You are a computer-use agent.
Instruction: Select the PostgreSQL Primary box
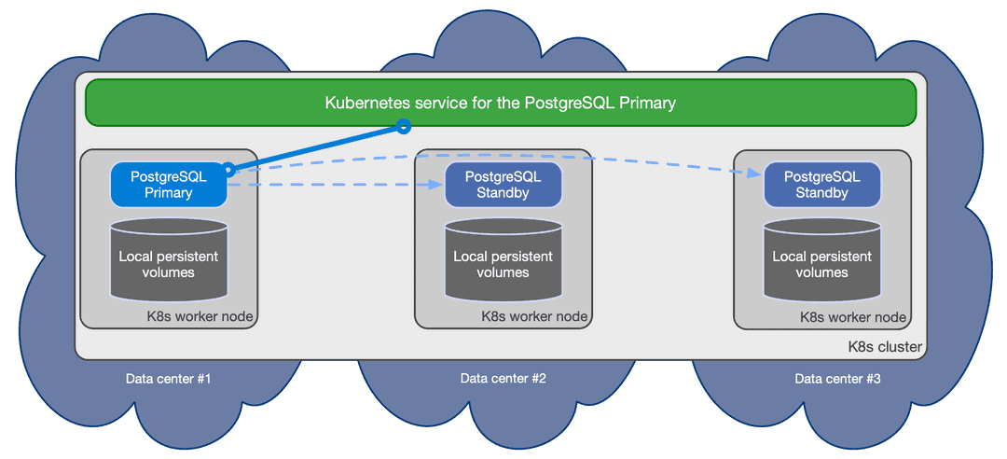pos(169,184)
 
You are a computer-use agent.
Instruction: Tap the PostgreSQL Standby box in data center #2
pos(503,184)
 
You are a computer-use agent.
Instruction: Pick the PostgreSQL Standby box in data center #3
pos(821,184)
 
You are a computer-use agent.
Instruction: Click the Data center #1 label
pos(170,379)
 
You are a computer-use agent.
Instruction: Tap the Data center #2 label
pos(503,379)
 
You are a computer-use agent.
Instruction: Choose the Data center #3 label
pos(837,379)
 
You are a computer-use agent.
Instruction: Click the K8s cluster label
pos(884,347)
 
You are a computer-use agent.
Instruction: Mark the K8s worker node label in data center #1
pos(200,316)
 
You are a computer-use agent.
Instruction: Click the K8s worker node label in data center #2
pos(534,316)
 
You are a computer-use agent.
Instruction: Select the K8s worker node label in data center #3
pos(853,316)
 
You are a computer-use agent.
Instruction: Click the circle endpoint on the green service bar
pos(403,126)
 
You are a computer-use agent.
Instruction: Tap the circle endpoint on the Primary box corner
pos(228,169)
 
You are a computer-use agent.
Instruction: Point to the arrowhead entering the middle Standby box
pos(437,185)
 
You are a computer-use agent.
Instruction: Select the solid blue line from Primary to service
pos(317,146)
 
